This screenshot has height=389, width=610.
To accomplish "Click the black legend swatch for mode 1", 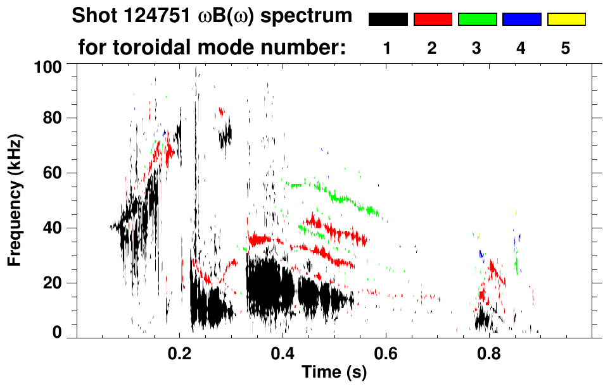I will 388,20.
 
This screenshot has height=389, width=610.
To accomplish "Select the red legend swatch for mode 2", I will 433,20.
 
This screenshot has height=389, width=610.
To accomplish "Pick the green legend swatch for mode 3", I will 477,20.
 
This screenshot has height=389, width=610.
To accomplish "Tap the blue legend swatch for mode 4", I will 521,20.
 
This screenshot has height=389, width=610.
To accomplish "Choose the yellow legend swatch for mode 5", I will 566,20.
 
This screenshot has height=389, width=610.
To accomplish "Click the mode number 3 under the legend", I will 477,48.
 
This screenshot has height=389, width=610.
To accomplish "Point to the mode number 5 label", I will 566,48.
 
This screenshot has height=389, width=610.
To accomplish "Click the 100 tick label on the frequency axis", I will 48,66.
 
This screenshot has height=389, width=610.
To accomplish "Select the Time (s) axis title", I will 334,373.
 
